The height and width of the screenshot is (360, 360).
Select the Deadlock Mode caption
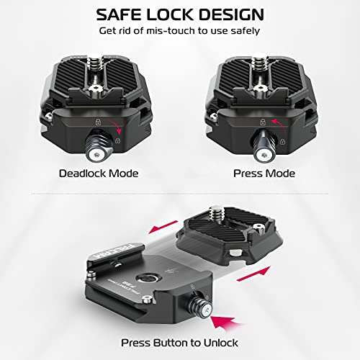(99, 173)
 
